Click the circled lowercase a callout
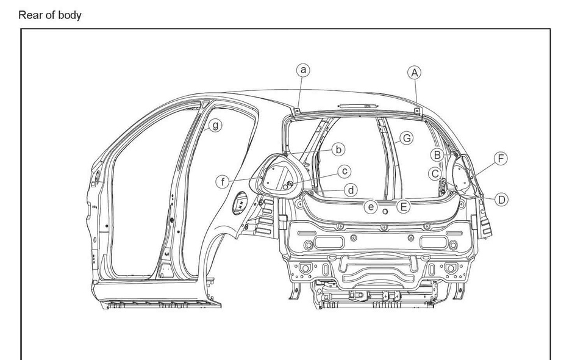coord(302,70)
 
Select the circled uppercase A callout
coord(415,73)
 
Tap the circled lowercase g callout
coord(214,125)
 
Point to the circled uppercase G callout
coord(406,138)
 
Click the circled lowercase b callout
coord(338,148)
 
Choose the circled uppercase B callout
coord(437,154)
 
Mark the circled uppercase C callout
coord(435,174)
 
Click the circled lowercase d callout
coord(349,190)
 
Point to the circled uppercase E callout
coord(402,207)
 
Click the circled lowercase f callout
coord(224,181)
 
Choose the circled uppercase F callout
coord(501,159)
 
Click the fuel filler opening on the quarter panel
coord(240,203)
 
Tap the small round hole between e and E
coord(387,212)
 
